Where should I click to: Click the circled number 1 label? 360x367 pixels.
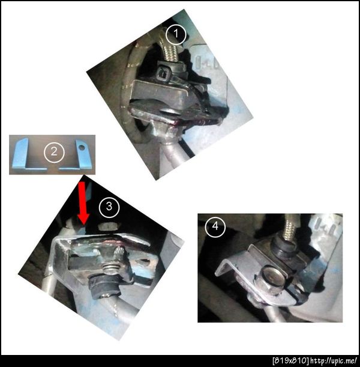(x=176, y=34)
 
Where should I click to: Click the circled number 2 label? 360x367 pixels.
(x=54, y=153)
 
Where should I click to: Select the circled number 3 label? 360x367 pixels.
(x=109, y=207)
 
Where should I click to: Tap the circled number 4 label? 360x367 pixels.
(x=215, y=227)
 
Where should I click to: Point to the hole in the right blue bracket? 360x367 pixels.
(x=82, y=147)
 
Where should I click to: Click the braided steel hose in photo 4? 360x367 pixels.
(x=290, y=228)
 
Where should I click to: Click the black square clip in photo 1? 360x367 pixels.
(x=163, y=73)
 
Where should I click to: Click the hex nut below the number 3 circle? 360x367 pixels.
(x=108, y=227)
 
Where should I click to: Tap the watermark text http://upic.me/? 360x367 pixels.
(x=334, y=360)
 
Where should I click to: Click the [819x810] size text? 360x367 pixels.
(x=290, y=360)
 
